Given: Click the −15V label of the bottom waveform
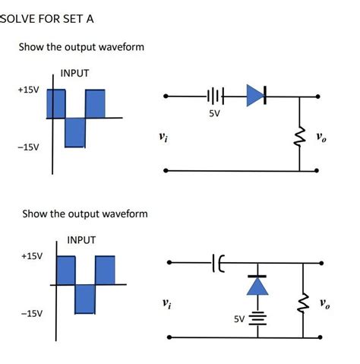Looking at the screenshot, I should [31, 312].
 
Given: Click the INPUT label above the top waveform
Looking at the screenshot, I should [74, 73].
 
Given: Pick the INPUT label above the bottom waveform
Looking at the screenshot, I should [81, 239].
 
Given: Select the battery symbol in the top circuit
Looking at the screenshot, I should [215, 97].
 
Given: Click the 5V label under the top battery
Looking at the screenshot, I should [215, 114].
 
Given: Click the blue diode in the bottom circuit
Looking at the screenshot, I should [260, 285].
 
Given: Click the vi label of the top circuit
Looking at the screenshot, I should [164, 138].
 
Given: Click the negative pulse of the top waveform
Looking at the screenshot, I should [75, 132].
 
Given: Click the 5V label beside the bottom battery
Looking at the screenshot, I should [240, 319].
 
